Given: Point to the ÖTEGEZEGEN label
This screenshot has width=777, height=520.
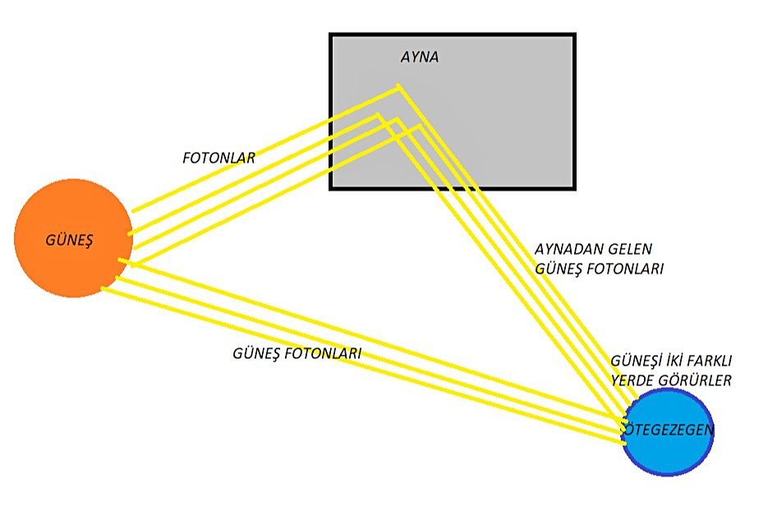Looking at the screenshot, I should [x=667, y=429].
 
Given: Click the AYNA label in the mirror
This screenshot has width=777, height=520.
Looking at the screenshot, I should [x=419, y=58].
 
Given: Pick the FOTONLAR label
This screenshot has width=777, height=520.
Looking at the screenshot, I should [x=218, y=158].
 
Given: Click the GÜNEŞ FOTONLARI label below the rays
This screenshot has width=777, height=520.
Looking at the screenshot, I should [x=297, y=353].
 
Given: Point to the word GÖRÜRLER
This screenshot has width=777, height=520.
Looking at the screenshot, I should [x=693, y=380].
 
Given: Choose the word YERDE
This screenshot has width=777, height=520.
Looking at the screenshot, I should [x=632, y=380].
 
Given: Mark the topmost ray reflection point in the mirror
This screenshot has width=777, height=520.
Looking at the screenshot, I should [x=399, y=85].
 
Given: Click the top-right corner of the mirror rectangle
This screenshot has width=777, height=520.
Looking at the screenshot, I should [x=573, y=35].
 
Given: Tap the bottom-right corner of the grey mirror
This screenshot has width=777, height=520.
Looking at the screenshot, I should [x=573, y=188].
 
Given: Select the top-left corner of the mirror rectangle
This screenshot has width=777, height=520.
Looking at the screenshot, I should [x=331, y=35].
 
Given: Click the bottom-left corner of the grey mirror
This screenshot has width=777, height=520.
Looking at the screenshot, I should [x=331, y=188].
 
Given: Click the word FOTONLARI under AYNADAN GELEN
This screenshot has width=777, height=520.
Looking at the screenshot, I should [x=623, y=269].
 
